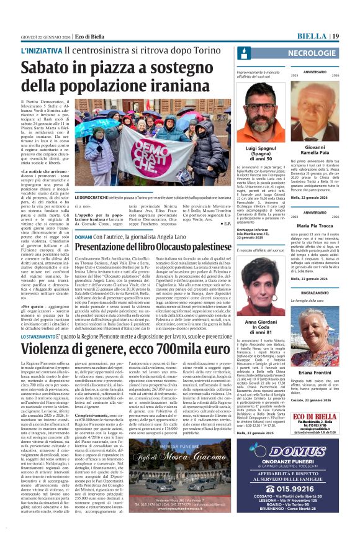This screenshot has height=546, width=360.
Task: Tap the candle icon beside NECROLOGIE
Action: (x=243, y=53)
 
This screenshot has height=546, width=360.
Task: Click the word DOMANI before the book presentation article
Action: (x=83, y=237)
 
